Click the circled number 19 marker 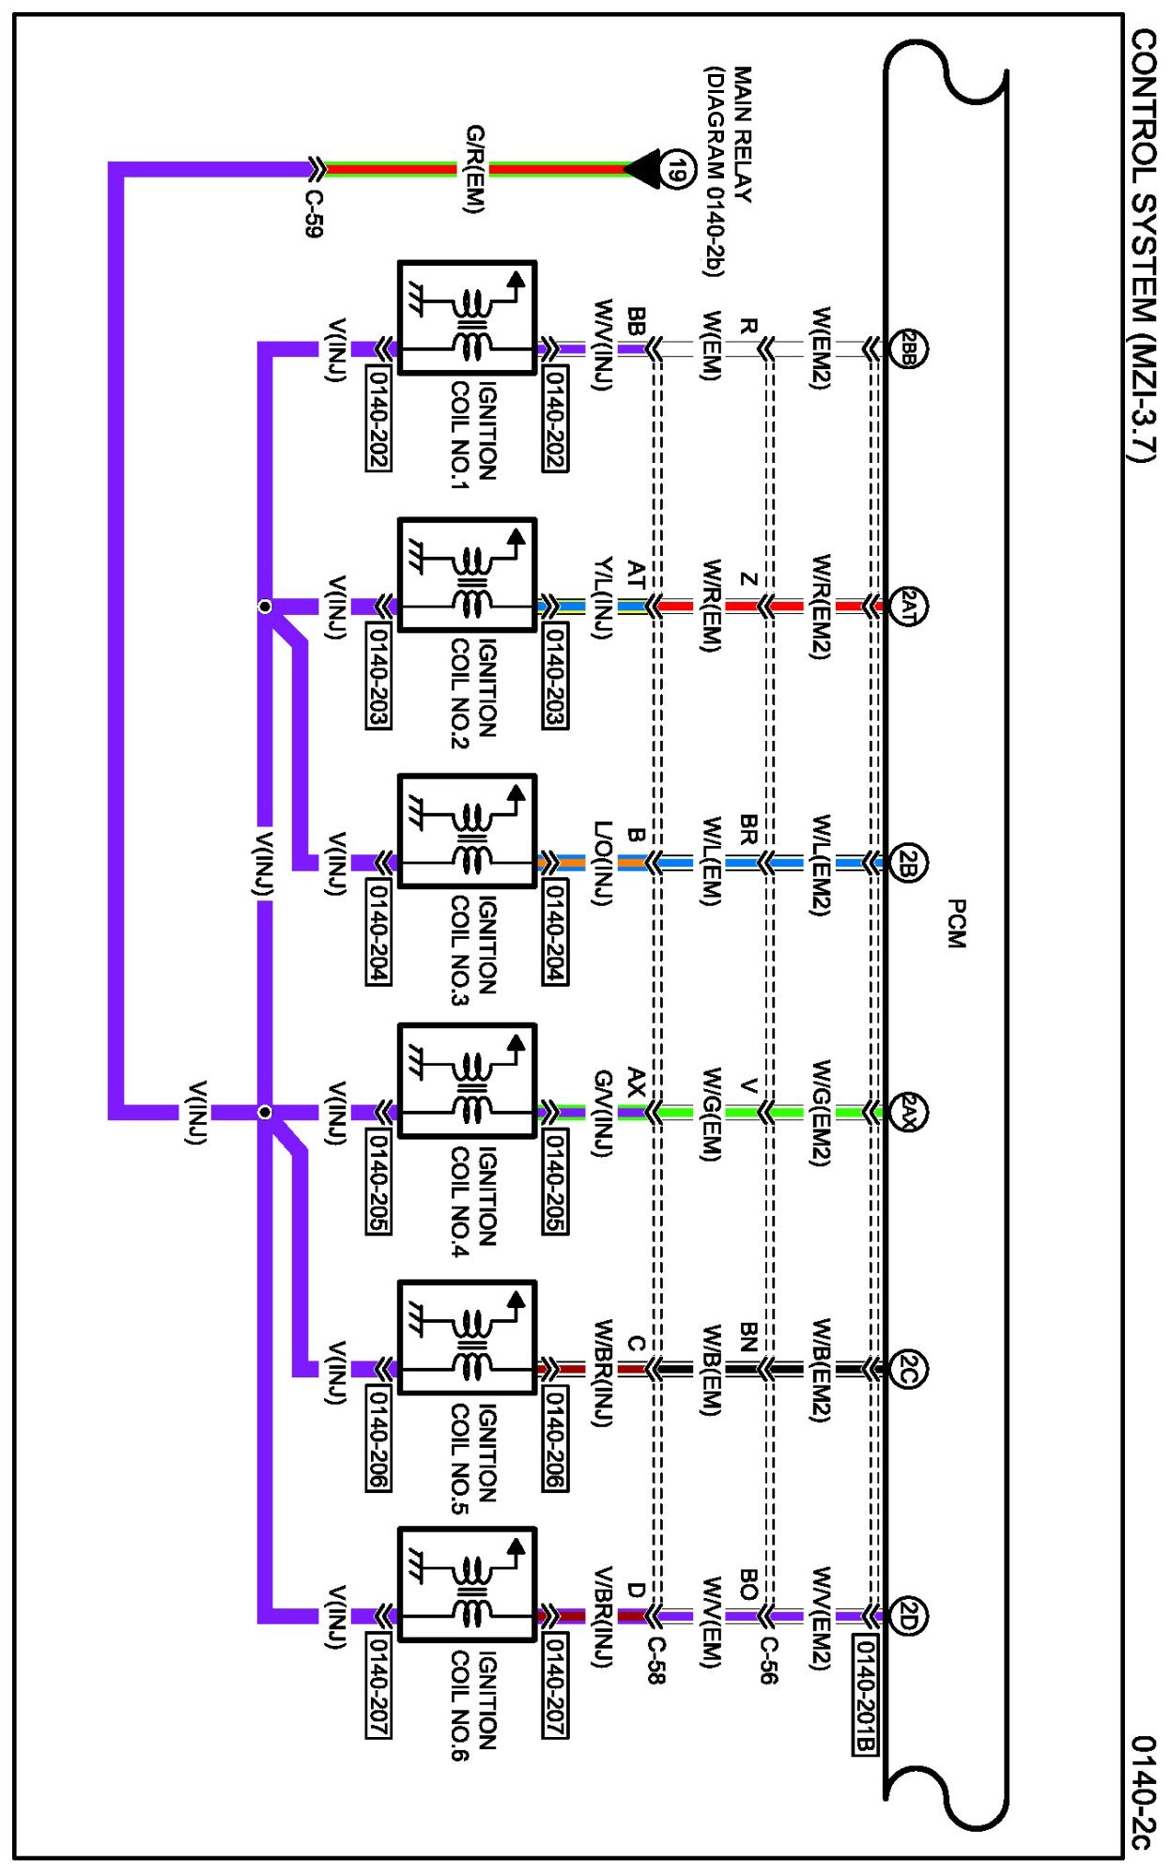(x=676, y=170)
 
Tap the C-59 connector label (x=315, y=213)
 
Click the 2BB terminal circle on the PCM (x=908, y=349)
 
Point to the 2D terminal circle (x=908, y=1616)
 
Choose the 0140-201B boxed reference (x=865, y=1694)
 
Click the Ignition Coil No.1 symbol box (x=467, y=318)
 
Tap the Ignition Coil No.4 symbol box (x=467, y=1081)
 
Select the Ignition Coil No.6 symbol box (x=467, y=1585)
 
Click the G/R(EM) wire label (x=476, y=169)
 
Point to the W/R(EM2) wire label (x=821, y=606)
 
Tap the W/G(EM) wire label (x=712, y=1113)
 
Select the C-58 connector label (x=656, y=1660)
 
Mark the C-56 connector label (x=768, y=1660)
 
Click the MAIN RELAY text (x=743, y=134)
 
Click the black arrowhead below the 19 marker (x=643, y=170)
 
